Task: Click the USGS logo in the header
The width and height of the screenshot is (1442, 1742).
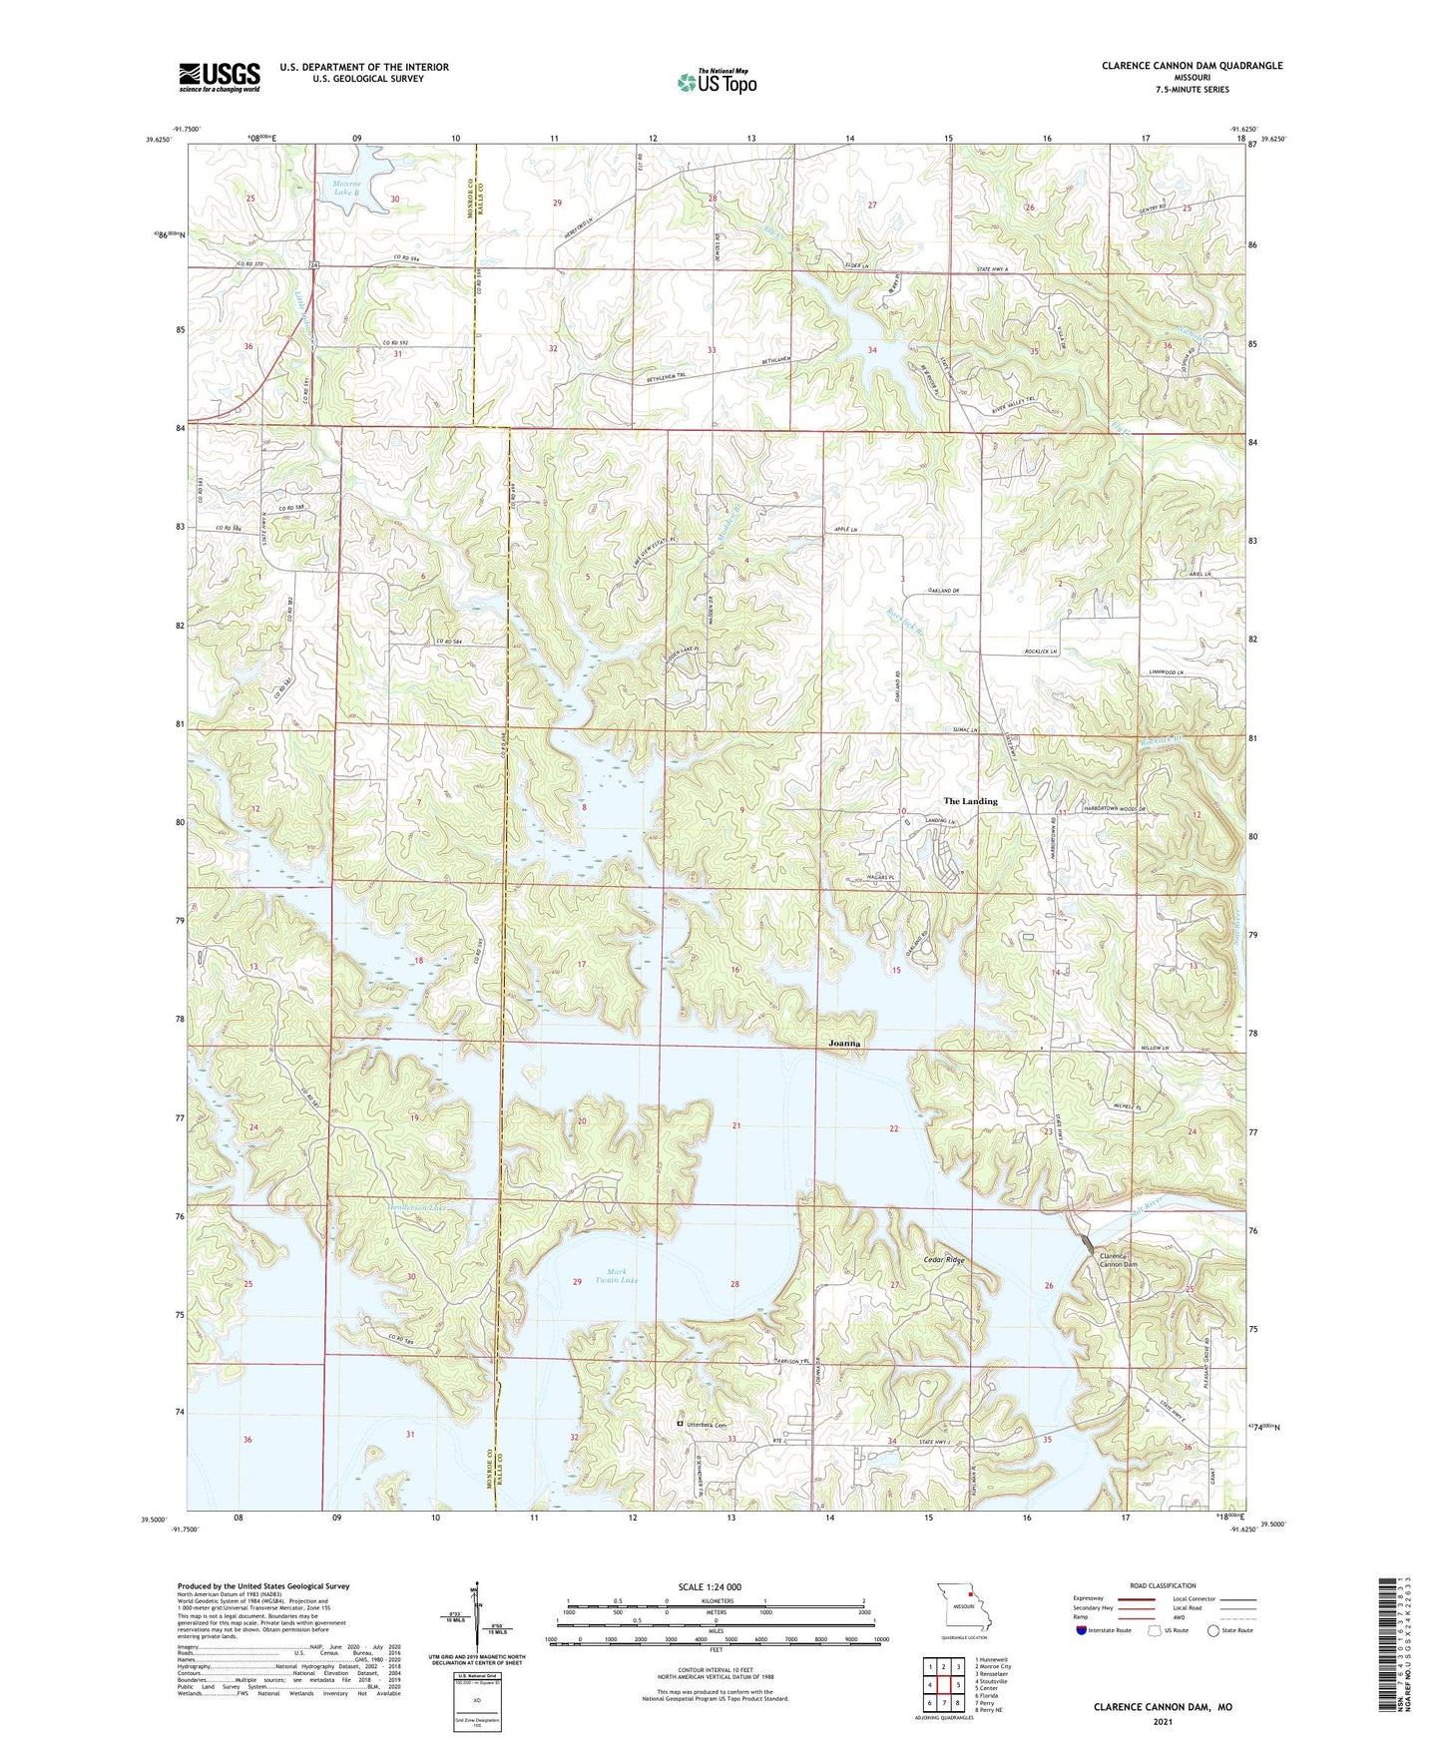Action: (220, 76)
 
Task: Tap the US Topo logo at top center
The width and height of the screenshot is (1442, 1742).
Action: (717, 82)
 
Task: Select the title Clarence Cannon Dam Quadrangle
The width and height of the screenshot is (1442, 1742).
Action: (1192, 66)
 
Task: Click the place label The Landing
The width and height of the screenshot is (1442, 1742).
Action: (970, 801)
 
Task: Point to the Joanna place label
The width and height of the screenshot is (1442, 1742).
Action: (844, 1043)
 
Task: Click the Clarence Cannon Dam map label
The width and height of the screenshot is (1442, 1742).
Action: (1118, 1260)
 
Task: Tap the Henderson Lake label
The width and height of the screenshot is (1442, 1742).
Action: (414, 1206)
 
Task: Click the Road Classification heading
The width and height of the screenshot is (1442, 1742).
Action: (1163, 1585)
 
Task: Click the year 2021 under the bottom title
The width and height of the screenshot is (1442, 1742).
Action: (1163, 1722)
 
